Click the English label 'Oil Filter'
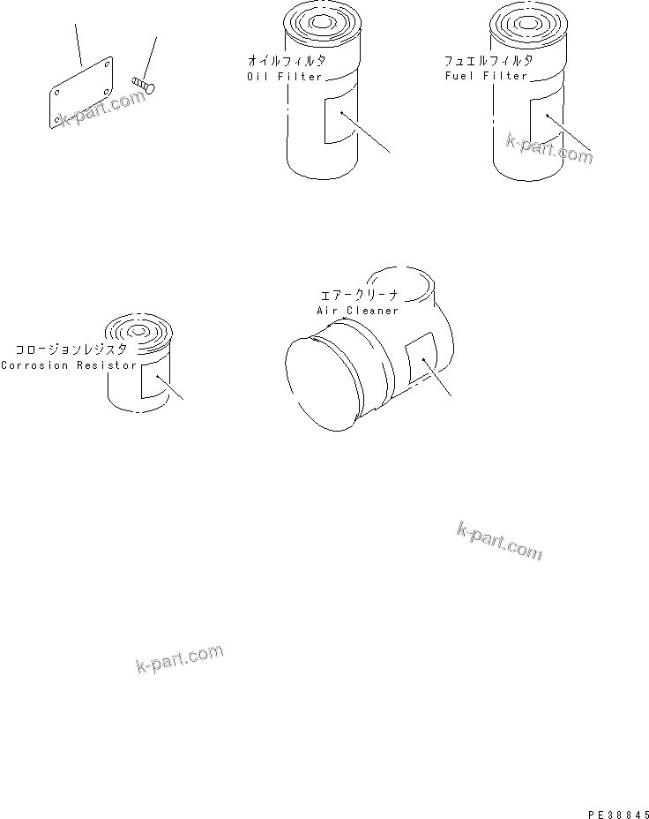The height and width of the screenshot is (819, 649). tap(287, 76)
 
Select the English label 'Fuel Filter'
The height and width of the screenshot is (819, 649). tap(487, 76)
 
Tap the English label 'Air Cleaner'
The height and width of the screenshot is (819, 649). tap(357, 311)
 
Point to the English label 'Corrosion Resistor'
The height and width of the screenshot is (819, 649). tap(69, 365)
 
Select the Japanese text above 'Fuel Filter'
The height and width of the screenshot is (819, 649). tap(489, 61)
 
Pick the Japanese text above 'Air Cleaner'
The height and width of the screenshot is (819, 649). tap(357, 296)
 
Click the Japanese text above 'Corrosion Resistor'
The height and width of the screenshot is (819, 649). tap(69, 350)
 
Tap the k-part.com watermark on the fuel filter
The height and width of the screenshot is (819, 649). tap(548, 147)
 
